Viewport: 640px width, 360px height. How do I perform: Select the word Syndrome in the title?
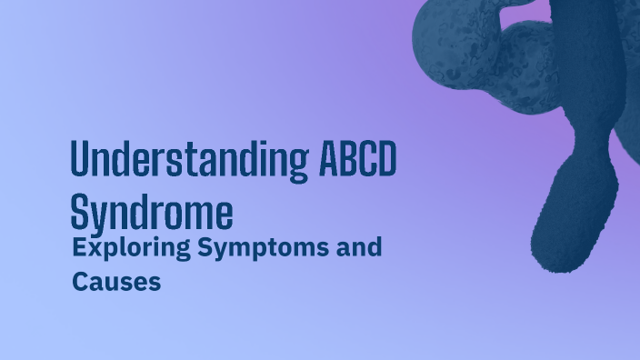pos(151,213)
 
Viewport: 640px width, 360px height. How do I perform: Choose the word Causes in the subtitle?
pos(116,282)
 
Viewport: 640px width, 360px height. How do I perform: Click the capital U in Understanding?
pos(80,161)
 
